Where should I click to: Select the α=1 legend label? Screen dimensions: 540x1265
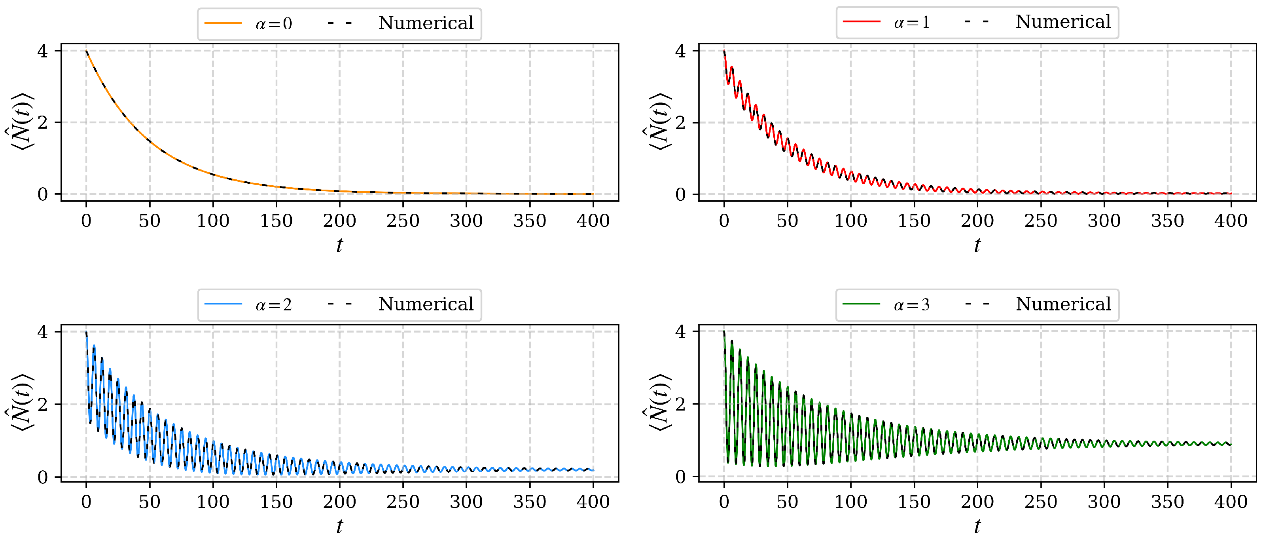click(911, 22)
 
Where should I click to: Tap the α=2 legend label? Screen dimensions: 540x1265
click(273, 304)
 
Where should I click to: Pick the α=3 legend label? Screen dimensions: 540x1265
click(911, 304)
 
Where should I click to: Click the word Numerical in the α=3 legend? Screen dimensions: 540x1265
click(1063, 304)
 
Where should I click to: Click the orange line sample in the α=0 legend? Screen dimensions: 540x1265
click(223, 23)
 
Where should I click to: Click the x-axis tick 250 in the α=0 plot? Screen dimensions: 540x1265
click(403, 221)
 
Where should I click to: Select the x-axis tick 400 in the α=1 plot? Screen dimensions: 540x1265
click(1231, 221)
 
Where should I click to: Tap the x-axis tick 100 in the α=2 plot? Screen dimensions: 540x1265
click(213, 502)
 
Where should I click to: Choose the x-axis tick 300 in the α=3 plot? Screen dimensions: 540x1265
click(1104, 502)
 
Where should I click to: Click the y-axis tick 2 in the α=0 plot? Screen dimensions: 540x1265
click(43, 123)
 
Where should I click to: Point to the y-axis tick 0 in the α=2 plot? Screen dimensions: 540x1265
click(43, 477)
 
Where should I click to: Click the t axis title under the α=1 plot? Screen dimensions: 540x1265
click(977, 245)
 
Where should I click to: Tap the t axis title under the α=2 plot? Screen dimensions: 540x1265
click(339, 526)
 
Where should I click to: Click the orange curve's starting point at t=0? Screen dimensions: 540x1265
click(86, 51)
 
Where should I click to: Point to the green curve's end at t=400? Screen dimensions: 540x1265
click(1231, 444)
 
